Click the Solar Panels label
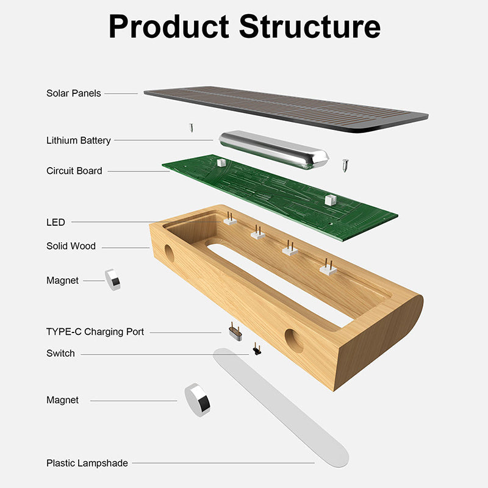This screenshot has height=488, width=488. (x=74, y=93)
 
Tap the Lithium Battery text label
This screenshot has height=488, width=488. (x=79, y=140)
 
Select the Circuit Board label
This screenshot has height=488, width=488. (x=74, y=171)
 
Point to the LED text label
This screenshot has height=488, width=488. (x=56, y=222)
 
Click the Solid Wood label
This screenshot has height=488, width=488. (x=71, y=246)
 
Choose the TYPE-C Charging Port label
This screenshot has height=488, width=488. (x=95, y=332)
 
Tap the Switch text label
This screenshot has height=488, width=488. (x=60, y=353)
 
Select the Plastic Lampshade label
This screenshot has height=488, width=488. (x=87, y=463)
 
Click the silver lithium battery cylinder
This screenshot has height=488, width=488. (x=273, y=148)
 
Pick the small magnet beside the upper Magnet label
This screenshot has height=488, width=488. (x=113, y=279)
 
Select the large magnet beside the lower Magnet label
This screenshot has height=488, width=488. (x=198, y=400)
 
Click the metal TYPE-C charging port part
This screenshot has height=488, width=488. (x=234, y=332)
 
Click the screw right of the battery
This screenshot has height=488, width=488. (x=346, y=165)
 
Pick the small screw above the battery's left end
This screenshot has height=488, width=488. (x=191, y=127)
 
